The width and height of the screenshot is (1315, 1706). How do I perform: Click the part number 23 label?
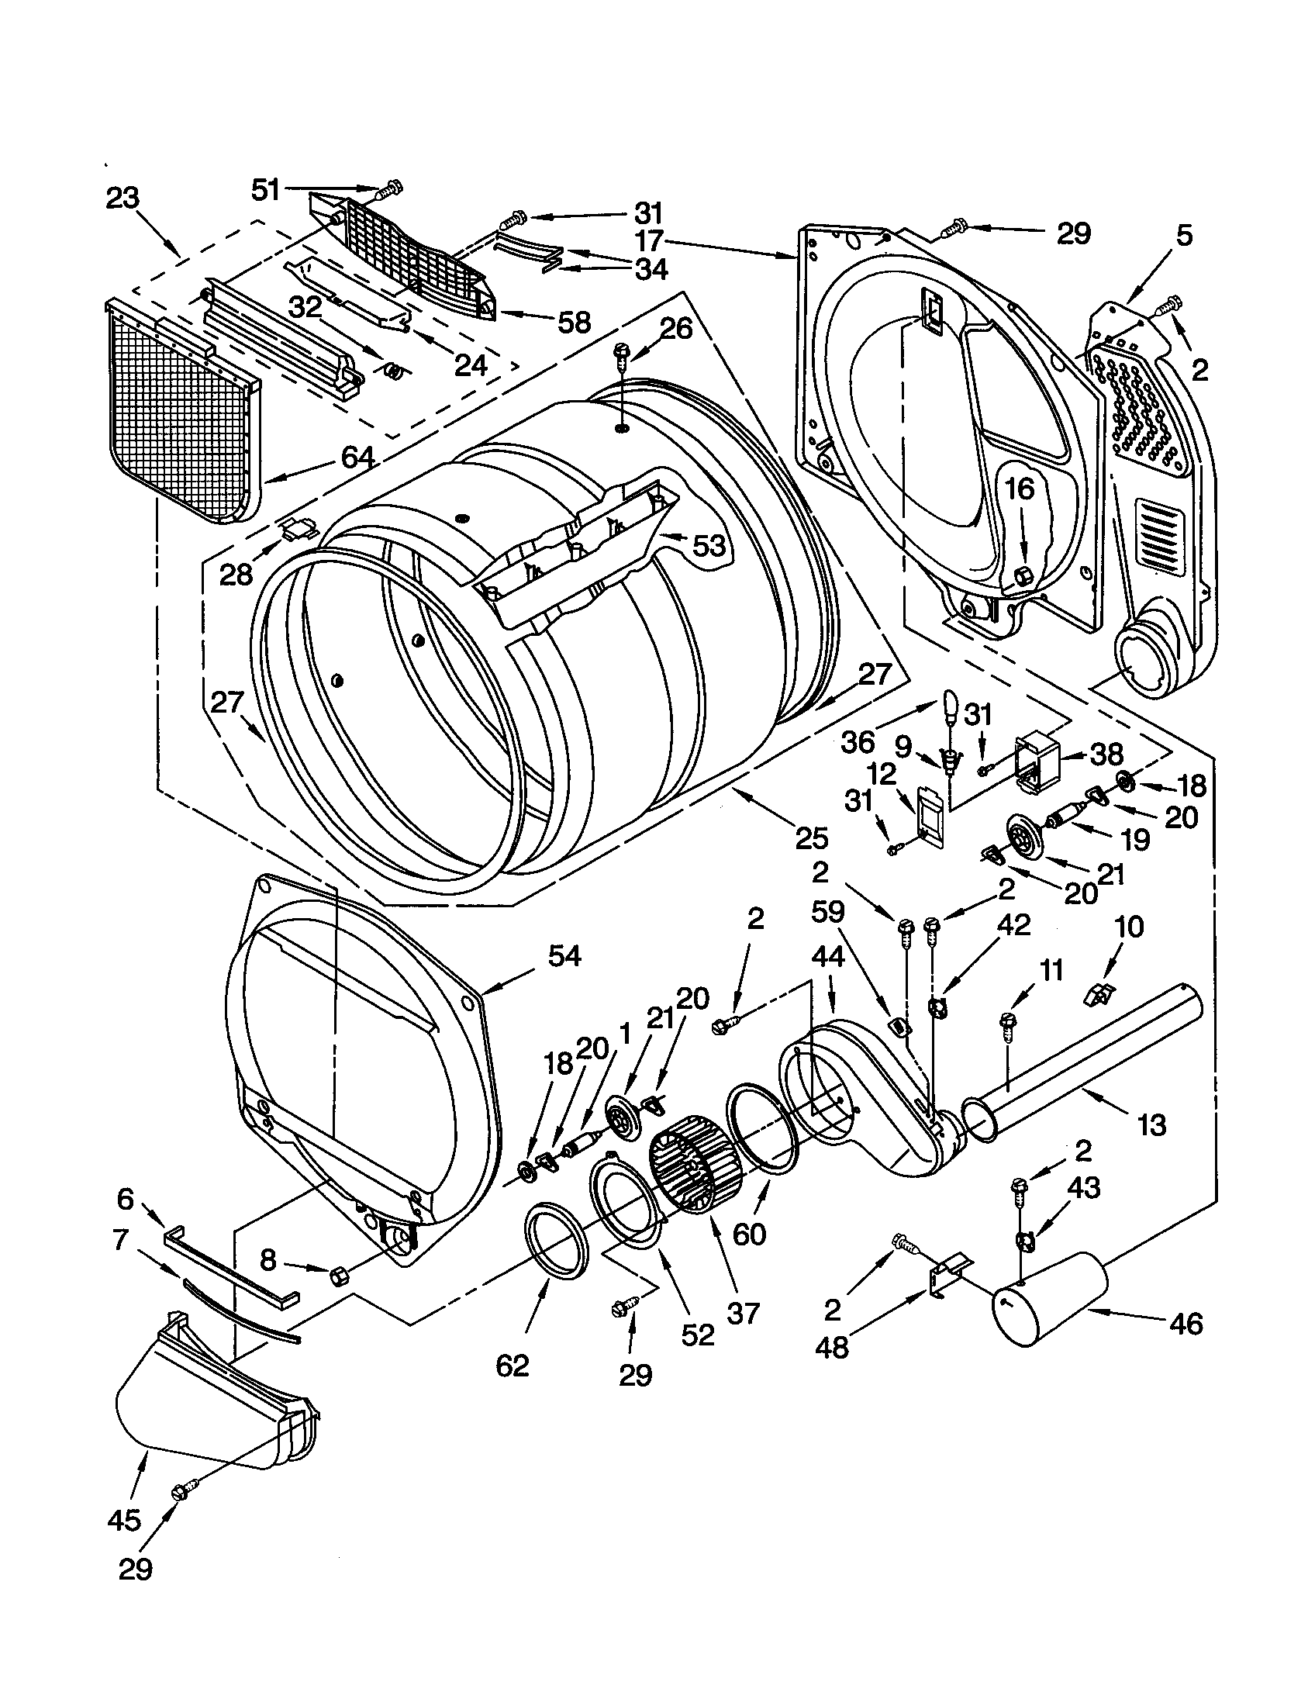pos(123,198)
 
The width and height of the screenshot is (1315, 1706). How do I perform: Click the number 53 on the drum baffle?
pos(709,546)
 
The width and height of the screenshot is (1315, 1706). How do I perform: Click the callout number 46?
pos(1186,1323)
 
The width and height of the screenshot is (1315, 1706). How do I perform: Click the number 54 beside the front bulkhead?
pos(564,955)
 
